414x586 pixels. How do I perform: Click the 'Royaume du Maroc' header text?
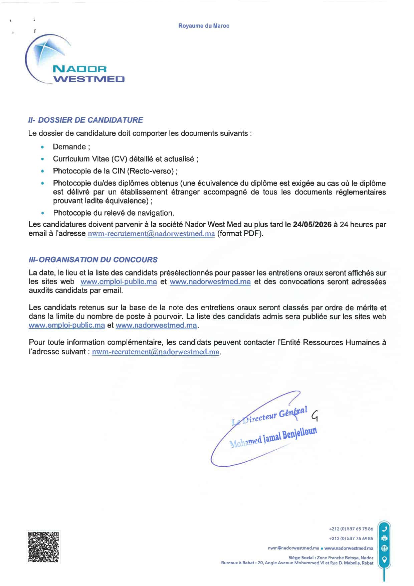pyautogui.click(x=204, y=26)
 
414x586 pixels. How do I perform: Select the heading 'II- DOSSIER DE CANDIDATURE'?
pyautogui.click(x=86, y=120)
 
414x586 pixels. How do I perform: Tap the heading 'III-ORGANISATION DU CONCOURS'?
pyautogui.click(x=93, y=260)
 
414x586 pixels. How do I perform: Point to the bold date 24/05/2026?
pyautogui.click(x=312, y=225)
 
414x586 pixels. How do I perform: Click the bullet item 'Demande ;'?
pyautogui.click(x=71, y=147)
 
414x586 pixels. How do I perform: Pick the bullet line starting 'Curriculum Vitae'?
pyautogui.click(x=126, y=159)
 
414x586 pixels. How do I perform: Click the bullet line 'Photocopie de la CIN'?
pyautogui.click(x=115, y=171)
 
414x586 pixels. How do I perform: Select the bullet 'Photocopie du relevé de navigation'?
pyautogui.click(x=114, y=213)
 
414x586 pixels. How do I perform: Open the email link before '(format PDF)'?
pyautogui.click(x=151, y=234)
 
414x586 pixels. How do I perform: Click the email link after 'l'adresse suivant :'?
pyautogui.click(x=156, y=352)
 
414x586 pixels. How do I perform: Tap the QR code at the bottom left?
pyautogui.click(x=43, y=547)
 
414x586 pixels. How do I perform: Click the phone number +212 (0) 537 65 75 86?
pyautogui.click(x=351, y=529)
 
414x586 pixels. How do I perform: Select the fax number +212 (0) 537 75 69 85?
pyautogui.click(x=351, y=539)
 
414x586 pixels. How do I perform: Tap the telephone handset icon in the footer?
pyautogui.click(x=385, y=529)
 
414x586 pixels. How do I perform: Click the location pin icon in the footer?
pyautogui.click(x=385, y=559)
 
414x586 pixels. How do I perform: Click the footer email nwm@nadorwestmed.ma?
pyautogui.click(x=293, y=548)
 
